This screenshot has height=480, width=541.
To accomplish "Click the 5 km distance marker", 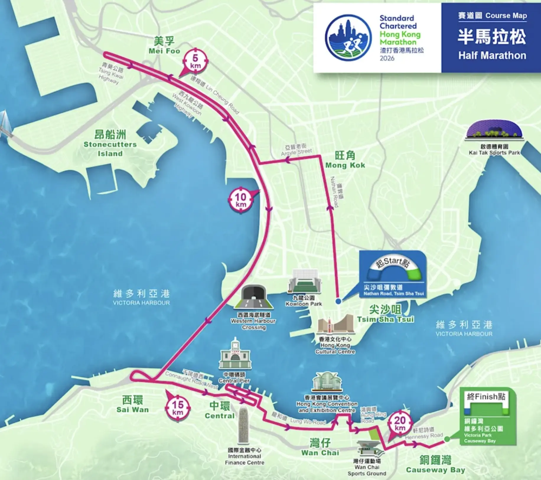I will coord(195,61).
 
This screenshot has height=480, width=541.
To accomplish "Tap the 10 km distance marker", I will coord(241,200).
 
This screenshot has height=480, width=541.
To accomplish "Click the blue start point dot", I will coord(338,301).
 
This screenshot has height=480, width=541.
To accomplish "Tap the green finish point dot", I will coord(447,439).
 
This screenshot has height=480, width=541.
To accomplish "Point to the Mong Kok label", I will coord(345,160).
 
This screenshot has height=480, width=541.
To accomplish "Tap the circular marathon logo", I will coord(348,38).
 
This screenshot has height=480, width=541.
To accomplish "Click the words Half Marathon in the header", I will coord(492,55).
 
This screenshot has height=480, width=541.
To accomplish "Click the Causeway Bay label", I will coord(435,465).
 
